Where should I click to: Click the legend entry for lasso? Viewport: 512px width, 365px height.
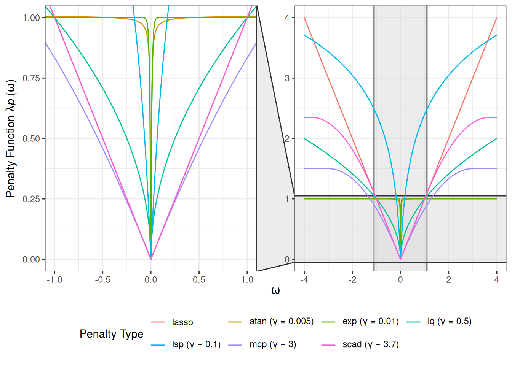tap(182, 322)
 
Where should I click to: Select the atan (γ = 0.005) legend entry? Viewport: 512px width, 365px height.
tap(281, 322)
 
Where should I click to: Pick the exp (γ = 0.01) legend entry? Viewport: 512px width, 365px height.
tap(370, 322)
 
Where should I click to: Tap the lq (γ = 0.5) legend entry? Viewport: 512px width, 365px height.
tap(449, 322)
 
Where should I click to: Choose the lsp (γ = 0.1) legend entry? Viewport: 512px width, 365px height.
tap(196, 344)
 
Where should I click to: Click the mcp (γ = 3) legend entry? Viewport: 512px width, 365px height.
tap(272, 344)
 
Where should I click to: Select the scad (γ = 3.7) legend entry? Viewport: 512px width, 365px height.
tap(370, 344)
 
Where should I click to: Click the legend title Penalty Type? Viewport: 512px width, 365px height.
tap(111, 334)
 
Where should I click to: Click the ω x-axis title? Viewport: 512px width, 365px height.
tap(275, 291)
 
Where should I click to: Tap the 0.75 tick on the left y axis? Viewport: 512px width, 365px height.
tap(31, 78)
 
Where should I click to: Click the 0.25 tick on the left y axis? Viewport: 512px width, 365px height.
tap(31, 199)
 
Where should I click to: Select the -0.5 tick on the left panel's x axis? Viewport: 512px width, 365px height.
tap(102, 280)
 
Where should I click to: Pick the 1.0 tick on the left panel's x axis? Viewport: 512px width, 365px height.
tap(247, 280)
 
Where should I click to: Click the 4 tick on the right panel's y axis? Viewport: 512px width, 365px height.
tap(287, 18)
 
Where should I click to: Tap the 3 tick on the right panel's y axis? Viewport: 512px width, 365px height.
tap(287, 78)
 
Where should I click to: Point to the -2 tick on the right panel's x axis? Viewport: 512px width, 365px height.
tap(352, 280)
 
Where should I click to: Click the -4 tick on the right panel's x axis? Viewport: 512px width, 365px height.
tap(304, 280)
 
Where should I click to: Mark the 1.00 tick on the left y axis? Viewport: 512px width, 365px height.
tap(31, 18)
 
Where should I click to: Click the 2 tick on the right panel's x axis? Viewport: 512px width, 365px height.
tap(448, 280)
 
